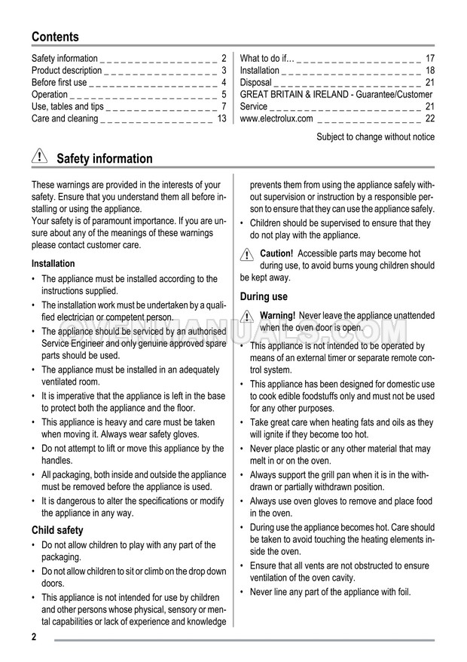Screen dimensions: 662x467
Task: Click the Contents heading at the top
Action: pos(55,36)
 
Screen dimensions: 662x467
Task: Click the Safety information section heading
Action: pos(104,158)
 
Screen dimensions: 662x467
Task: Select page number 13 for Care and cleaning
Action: pos(221,118)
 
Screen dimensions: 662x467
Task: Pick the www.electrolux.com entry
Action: pos(276,118)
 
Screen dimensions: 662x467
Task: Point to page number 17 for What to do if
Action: pos(430,58)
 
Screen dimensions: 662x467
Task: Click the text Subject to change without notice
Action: pos(375,136)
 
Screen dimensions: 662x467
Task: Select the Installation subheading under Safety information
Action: pos(53,264)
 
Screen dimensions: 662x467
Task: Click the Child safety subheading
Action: pos(57,530)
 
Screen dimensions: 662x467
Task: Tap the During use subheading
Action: pos(264,297)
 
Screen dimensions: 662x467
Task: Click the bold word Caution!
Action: pos(276,254)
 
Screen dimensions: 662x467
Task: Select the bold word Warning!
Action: pos(277,315)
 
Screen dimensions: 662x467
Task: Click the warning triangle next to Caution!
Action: pos(248,256)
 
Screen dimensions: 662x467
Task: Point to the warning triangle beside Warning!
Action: pos(248,317)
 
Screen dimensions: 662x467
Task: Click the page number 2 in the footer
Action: pos(35,638)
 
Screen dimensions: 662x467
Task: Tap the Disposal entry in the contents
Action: pos(256,82)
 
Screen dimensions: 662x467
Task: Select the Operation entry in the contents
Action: pos(50,94)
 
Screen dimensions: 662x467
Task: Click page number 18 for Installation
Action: pos(430,70)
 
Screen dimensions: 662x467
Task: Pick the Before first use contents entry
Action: pos(59,82)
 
